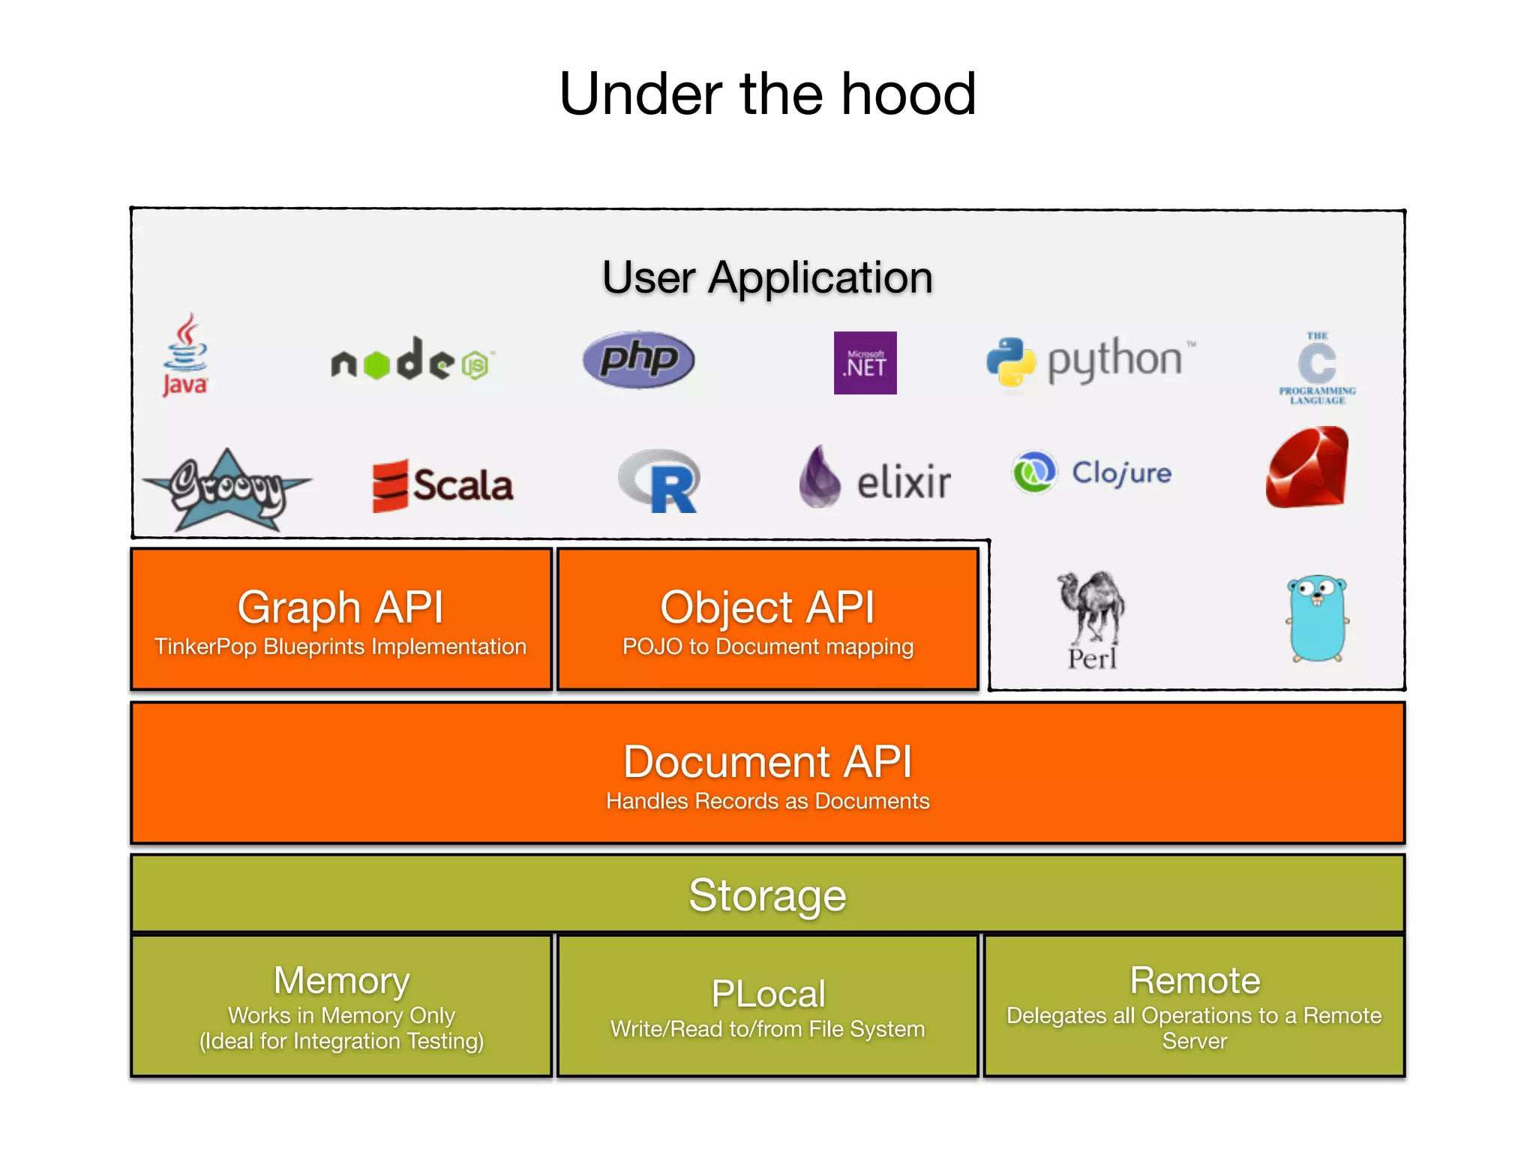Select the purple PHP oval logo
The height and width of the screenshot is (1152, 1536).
[639, 360]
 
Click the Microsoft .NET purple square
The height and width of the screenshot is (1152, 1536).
[865, 363]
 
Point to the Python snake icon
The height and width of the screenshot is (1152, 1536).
[1011, 362]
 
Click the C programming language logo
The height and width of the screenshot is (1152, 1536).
[1317, 367]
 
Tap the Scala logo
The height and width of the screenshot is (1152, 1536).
[442, 485]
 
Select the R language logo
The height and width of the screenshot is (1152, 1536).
[661, 481]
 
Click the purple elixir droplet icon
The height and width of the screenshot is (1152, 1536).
[820, 477]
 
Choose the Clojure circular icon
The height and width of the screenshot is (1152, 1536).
[1034, 472]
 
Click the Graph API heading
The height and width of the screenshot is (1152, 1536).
[340, 607]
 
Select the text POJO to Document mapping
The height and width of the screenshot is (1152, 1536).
[768, 646]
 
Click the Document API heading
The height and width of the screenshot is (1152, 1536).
[767, 762]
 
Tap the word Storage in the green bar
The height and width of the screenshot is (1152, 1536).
[767, 895]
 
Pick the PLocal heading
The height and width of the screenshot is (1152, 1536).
[768, 994]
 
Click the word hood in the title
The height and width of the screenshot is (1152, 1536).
[908, 94]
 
